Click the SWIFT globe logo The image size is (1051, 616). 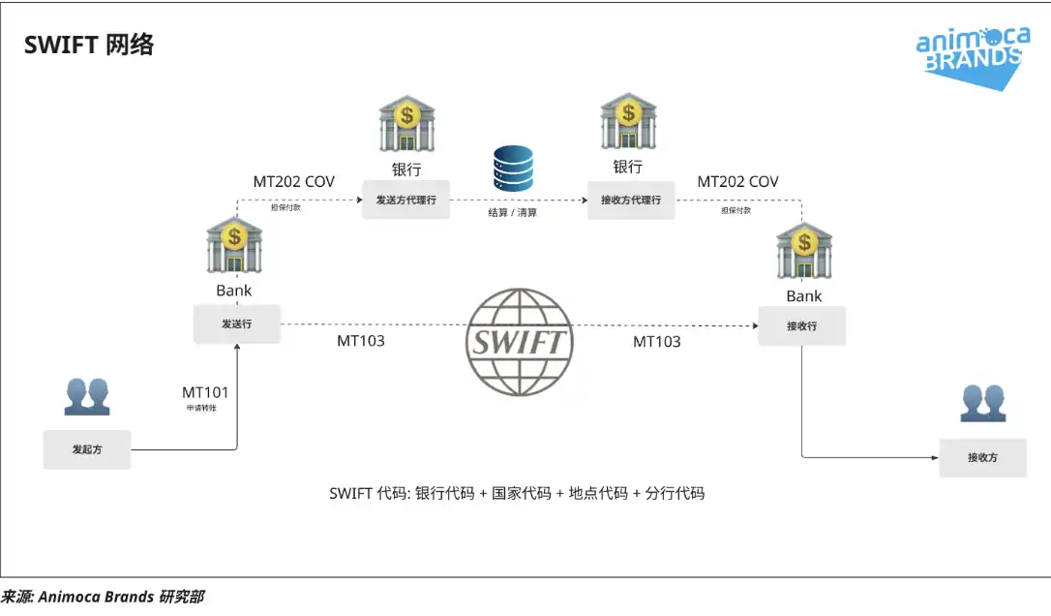point(518,343)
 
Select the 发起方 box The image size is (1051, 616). point(87,449)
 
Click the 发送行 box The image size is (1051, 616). point(236,324)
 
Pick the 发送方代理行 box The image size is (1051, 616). point(405,200)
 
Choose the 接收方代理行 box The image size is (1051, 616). point(631,200)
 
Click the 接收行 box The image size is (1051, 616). point(801,326)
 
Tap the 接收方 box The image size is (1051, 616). point(982,457)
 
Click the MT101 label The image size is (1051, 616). point(205,392)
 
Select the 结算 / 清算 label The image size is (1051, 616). point(512,212)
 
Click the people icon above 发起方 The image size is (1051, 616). point(87,396)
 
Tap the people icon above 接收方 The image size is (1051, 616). point(983,403)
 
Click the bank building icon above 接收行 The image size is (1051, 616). point(804,251)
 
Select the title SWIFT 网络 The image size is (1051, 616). point(89,45)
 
